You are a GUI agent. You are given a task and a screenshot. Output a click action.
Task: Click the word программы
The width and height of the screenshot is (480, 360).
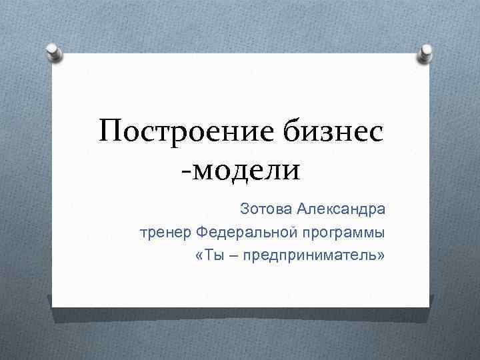[x=345, y=233]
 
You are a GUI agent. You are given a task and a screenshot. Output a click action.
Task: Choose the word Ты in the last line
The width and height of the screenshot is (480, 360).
[x=211, y=256]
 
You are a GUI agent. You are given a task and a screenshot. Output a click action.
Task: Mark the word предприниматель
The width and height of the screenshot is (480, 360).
[x=310, y=256]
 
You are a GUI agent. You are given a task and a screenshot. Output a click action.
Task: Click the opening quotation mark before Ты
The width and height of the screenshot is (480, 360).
[x=199, y=257]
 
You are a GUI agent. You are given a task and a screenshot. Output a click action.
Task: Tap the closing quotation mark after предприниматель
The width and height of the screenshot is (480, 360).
[x=382, y=257]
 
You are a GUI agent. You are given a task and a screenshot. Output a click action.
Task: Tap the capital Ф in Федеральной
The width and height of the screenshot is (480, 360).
[x=203, y=233]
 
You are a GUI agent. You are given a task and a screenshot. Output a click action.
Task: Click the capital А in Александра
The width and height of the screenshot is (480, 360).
[x=303, y=211]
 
